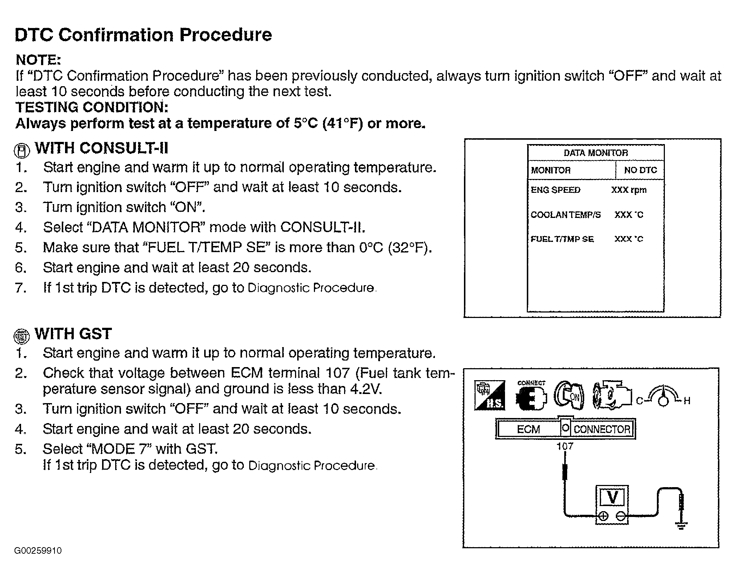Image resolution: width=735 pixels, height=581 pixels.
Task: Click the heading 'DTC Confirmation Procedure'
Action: click(x=143, y=35)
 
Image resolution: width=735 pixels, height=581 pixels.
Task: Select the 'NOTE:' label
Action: click(x=38, y=60)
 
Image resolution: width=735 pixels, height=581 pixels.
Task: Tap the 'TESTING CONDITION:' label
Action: click(x=92, y=107)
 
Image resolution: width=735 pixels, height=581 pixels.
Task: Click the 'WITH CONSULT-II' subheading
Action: click(x=101, y=148)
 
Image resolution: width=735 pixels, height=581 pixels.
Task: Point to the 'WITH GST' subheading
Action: click(x=73, y=334)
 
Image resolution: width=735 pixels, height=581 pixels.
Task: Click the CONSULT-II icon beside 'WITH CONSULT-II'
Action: click(x=22, y=150)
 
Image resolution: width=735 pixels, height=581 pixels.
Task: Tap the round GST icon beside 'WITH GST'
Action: click(x=21, y=336)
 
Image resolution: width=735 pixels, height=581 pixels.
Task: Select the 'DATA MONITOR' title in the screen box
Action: click(x=595, y=153)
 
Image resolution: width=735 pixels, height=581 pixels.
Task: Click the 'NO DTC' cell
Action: click(x=640, y=170)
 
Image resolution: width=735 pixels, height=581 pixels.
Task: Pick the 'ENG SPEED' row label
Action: click(x=556, y=190)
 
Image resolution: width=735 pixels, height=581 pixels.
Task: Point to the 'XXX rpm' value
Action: click(x=629, y=190)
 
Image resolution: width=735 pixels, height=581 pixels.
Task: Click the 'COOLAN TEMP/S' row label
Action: click(x=566, y=215)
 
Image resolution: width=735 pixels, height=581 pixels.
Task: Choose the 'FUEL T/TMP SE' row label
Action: click(x=562, y=239)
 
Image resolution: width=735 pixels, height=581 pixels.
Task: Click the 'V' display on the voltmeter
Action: click(x=613, y=497)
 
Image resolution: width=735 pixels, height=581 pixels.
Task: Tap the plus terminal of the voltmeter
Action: click(x=603, y=516)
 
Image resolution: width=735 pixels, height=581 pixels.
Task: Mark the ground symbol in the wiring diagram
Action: click(x=681, y=525)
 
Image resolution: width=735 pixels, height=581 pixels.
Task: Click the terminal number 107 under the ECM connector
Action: click(x=565, y=446)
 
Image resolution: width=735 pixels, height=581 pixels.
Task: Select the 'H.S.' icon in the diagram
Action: click(x=489, y=395)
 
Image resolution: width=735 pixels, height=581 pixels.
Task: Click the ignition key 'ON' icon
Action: click(x=569, y=396)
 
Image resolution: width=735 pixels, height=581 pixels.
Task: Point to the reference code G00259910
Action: click(x=38, y=550)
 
